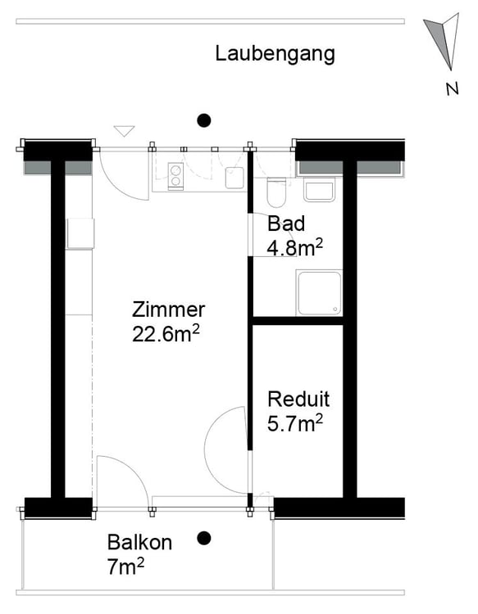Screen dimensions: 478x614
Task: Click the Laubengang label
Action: [275, 54]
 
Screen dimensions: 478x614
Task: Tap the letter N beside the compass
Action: [452, 89]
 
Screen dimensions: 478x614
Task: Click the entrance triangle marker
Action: [125, 131]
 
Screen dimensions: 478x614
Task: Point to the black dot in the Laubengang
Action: [203, 120]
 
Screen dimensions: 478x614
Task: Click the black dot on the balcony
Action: [203, 539]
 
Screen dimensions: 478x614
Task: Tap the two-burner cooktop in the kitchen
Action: [175, 176]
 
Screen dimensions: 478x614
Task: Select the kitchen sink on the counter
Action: [234, 178]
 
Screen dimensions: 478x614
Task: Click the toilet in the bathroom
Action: [276, 192]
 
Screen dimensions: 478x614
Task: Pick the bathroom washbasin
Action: [319, 190]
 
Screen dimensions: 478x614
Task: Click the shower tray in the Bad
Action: [319, 292]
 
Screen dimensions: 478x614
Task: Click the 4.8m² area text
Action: [295, 247]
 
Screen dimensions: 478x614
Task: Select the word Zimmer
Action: [169, 309]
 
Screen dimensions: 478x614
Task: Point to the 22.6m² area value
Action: [166, 334]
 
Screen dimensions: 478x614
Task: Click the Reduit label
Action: [298, 400]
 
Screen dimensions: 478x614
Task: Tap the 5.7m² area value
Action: [295, 423]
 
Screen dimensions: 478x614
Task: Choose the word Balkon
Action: [139, 543]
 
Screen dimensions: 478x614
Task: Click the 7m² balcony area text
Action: [125, 567]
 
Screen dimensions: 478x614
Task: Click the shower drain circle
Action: [335, 309]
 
